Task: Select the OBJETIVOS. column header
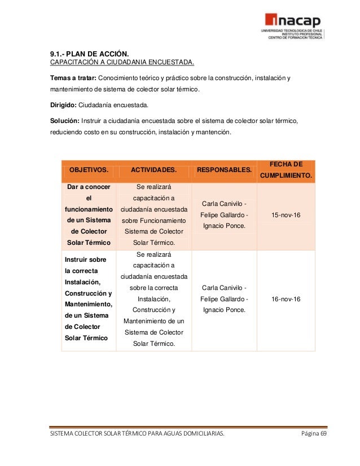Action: click(x=89, y=170)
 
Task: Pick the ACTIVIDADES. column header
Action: click(x=153, y=170)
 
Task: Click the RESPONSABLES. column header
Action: click(x=224, y=170)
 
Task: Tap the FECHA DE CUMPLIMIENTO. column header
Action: click(x=286, y=170)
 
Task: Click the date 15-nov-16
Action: click(x=286, y=215)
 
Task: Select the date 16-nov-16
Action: click(x=286, y=299)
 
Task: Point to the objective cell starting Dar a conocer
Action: click(x=89, y=215)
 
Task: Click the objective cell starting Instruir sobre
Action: click(x=89, y=299)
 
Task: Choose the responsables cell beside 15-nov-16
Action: click(x=224, y=215)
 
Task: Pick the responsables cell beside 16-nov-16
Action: click(x=224, y=299)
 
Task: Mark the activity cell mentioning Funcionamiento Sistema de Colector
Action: click(x=153, y=215)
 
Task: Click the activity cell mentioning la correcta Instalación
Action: click(x=153, y=299)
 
